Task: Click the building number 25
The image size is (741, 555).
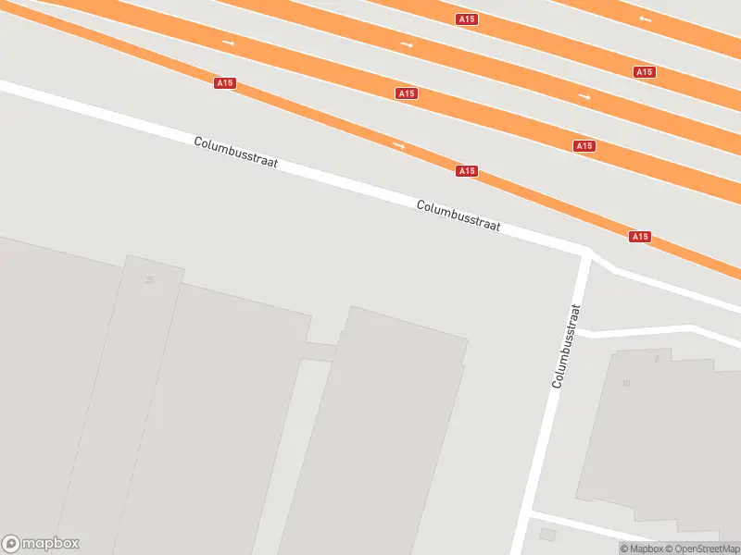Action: tap(150, 279)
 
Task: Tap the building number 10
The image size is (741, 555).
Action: tap(626, 383)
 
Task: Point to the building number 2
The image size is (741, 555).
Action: tap(656, 358)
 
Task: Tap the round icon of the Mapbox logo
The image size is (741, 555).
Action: tap(12, 544)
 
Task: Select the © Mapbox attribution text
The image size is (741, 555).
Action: tap(642, 549)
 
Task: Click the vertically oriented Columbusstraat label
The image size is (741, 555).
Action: tap(566, 345)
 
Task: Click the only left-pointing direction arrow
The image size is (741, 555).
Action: tap(645, 18)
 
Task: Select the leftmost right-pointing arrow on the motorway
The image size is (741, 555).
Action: tap(228, 43)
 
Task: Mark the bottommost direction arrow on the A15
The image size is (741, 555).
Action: tap(399, 145)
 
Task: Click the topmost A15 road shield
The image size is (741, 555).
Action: tap(467, 19)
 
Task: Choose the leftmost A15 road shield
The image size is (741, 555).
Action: tap(224, 83)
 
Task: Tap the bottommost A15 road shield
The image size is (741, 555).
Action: tap(639, 237)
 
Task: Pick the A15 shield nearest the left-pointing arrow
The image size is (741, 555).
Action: tap(644, 72)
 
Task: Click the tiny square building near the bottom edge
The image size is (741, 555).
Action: tap(547, 535)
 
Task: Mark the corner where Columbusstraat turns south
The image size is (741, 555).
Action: tap(586, 251)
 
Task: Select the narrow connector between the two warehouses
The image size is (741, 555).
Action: tap(320, 351)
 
